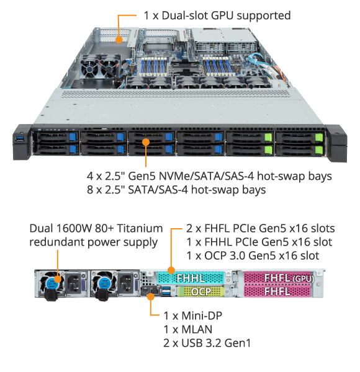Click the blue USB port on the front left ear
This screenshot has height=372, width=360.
[x=20, y=138]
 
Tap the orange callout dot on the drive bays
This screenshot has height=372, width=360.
[x=146, y=142]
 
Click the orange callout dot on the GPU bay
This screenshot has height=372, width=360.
[x=119, y=40]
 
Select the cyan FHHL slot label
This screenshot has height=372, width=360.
[x=191, y=278]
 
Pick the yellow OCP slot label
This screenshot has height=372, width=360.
[x=201, y=291]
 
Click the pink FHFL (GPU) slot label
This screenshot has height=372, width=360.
[x=278, y=278]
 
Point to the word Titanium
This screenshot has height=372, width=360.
[x=140, y=228]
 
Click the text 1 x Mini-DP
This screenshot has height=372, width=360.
[x=193, y=316]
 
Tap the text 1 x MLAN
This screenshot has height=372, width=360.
[x=188, y=330]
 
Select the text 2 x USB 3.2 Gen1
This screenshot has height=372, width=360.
[x=207, y=343]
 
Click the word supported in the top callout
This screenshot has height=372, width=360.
[x=264, y=16]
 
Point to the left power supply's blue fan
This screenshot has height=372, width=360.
[x=53, y=283]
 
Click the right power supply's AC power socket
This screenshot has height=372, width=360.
[x=126, y=283]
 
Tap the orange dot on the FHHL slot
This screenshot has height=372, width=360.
[x=171, y=270]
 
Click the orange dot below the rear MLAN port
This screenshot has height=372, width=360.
[x=151, y=296]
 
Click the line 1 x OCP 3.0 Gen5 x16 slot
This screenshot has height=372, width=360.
[x=253, y=255]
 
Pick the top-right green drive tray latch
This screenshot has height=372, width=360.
[x=319, y=138]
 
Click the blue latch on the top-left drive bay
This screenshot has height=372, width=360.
[x=73, y=137]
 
